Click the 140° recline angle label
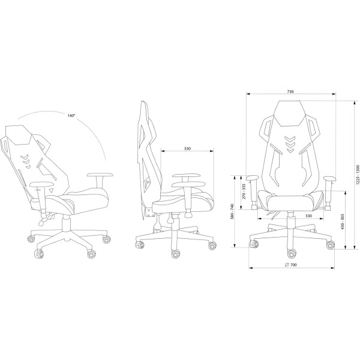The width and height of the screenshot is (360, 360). click(x=71, y=116)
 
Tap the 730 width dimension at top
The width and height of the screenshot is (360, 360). click(x=290, y=92)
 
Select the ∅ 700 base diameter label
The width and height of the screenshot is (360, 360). click(x=290, y=265)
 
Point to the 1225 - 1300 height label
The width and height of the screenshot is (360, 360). click(x=357, y=175)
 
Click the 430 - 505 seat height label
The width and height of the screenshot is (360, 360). click(x=343, y=221)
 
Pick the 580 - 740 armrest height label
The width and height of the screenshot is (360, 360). click(x=232, y=211)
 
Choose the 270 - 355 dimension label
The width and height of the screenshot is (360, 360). click(x=244, y=191)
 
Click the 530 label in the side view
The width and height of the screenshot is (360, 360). click(x=188, y=149)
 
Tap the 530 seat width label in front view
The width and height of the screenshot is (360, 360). click(x=309, y=216)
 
